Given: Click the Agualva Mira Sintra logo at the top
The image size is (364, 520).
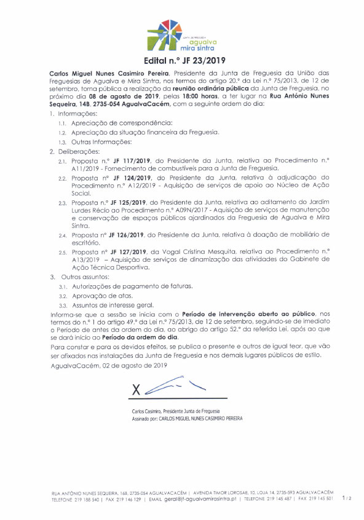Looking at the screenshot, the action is point(181,35).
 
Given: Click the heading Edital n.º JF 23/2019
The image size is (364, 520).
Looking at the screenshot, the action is point(181,60).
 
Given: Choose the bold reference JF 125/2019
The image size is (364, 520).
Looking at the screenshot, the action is point(125,202).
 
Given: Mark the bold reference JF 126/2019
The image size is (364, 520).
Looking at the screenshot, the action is point(125,235).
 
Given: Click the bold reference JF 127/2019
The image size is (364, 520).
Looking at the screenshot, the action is point(125,252).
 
